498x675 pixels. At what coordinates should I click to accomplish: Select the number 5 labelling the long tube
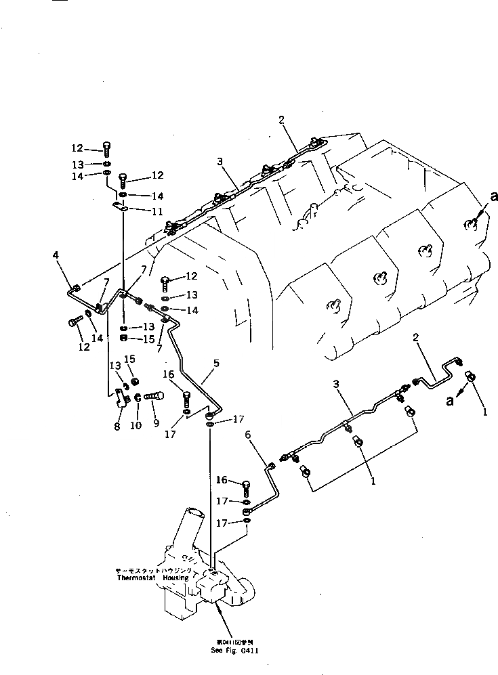tap(216, 364)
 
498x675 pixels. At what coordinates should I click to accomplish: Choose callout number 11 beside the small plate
tap(157, 211)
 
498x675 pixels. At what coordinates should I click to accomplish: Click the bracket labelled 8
tap(122, 400)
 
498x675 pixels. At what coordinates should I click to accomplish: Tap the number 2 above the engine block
tap(281, 120)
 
